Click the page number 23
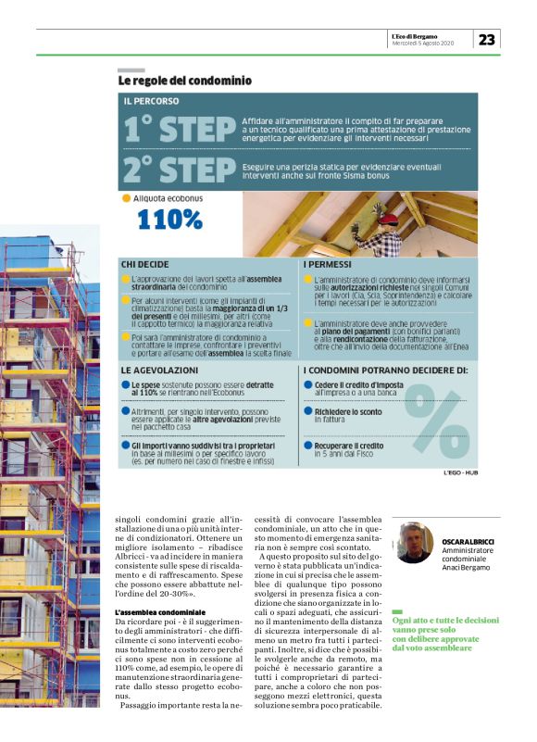(487, 39)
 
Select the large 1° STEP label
(178, 130)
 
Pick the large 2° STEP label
(179, 169)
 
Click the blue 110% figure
(169, 219)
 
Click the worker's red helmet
(388, 219)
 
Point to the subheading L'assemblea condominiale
(159, 614)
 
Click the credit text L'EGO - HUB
(460, 472)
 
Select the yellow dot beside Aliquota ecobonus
(127, 198)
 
